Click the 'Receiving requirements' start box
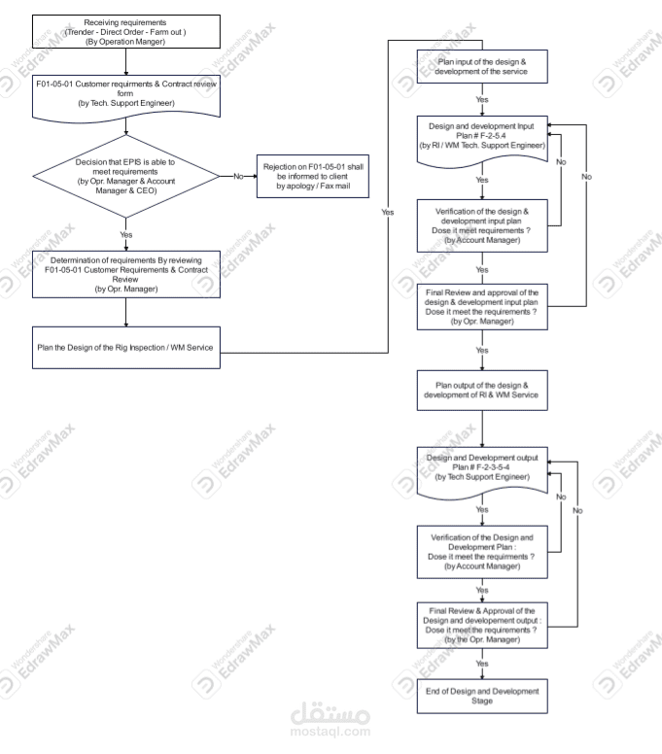point(127,30)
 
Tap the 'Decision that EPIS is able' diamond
point(127,175)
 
